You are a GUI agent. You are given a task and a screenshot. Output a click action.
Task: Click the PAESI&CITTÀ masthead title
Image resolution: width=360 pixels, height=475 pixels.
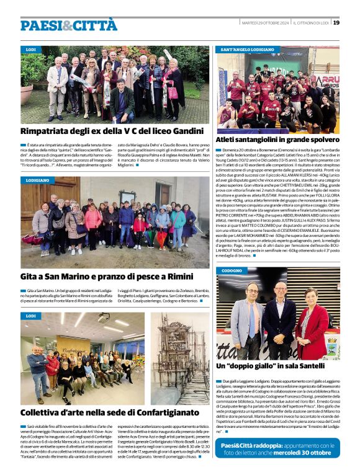tap(68, 25)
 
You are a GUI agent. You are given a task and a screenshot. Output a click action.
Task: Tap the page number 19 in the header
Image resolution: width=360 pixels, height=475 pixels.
tap(336, 22)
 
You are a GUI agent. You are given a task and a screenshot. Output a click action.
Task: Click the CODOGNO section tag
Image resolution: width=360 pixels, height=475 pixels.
tap(232, 271)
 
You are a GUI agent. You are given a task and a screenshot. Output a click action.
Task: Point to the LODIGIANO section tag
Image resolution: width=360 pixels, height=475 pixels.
tap(37, 180)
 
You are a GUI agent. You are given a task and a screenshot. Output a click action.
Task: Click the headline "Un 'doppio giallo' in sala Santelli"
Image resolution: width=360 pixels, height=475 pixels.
tap(270, 366)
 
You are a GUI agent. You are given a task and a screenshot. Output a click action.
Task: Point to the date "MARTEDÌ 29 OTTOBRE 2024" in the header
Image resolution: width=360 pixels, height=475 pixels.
tap(264, 22)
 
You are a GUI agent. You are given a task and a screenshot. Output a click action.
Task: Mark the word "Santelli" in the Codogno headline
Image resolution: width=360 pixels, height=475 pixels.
tap(305, 366)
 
